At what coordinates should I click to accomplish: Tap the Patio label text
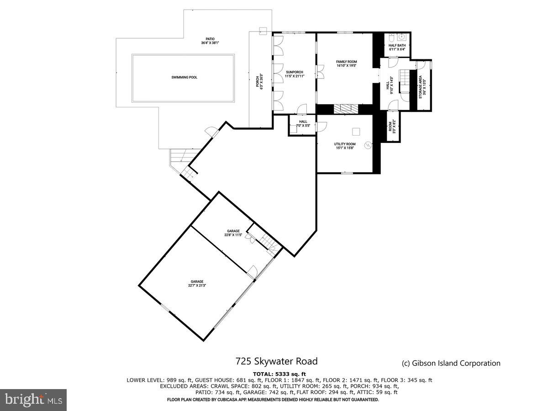tap(210, 41)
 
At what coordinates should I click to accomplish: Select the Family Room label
tap(346, 63)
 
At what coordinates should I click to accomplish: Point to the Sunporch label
tap(295, 74)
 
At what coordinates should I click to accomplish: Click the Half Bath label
tap(397, 47)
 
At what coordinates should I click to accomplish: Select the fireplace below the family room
tap(346, 109)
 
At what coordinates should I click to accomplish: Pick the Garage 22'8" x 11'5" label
tap(233, 233)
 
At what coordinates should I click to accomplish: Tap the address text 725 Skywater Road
tap(276, 362)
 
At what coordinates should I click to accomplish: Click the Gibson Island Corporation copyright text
tap(451, 364)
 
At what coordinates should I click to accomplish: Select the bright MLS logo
tap(33, 400)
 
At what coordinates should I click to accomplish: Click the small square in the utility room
tap(356, 132)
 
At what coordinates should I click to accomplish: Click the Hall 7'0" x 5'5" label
tap(302, 123)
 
